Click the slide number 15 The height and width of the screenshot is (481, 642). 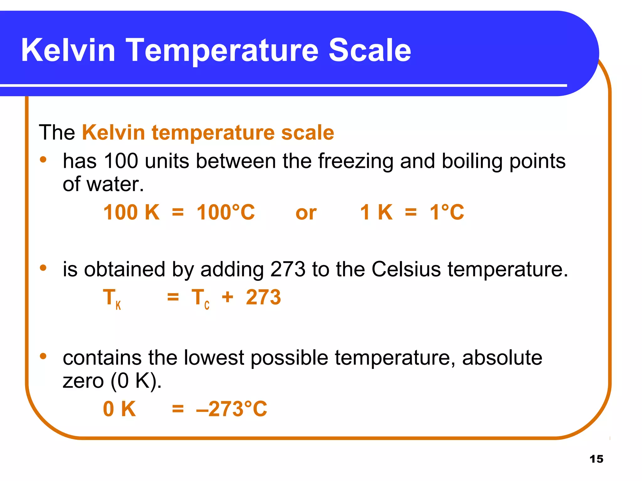pyautogui.click(x=596, y=459)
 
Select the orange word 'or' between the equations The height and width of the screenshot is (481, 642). pyautogui.click(x=306, y=213)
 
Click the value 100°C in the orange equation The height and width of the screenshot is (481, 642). pyautogui.click(x=226, y=212)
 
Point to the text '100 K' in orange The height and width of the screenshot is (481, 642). pyautogui.click(x=131, y=212)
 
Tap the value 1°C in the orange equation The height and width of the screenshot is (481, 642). pyautogui.click(x=447, y=212)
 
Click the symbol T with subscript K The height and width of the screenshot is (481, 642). pyautogui.click(x=112, y=298)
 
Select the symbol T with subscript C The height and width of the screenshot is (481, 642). pyautogui.click(x=200, y=298)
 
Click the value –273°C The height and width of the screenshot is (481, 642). pyautogui.click(x=232, y=409)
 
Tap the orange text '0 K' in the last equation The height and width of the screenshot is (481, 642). pyautogui.click(x=119, y=409)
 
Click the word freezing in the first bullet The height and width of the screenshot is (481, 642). pyautogui.click(x=355, y=161)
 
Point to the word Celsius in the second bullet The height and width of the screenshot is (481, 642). pyautogui.click(x=406, y=269)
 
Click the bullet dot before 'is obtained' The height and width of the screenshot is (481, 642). pyautogui.click(x=43, y=268)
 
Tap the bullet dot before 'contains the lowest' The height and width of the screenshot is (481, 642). pyautogui.click(x=43, y=356)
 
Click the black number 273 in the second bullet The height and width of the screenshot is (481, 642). pyautogui.click(x=287, y=269)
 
